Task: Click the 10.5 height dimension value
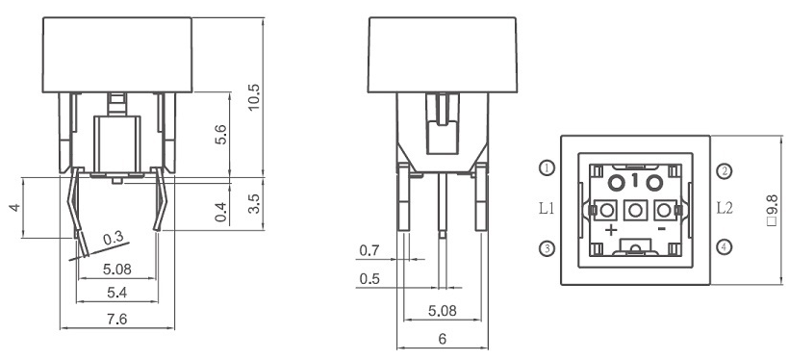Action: [x=255, y=97]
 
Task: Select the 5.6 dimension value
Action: [x=221, y=135]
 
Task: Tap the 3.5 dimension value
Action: [x=255, y=203]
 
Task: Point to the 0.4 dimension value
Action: [x=221, y=212]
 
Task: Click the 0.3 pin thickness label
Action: [x=113, y=239]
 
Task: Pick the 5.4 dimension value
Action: [x=117, y=293]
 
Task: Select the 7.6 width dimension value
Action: [x=117, y=320]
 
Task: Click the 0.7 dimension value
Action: [x=369, y=250]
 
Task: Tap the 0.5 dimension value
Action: [x=369, y=278]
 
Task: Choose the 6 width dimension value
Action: [x=443, y=339]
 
